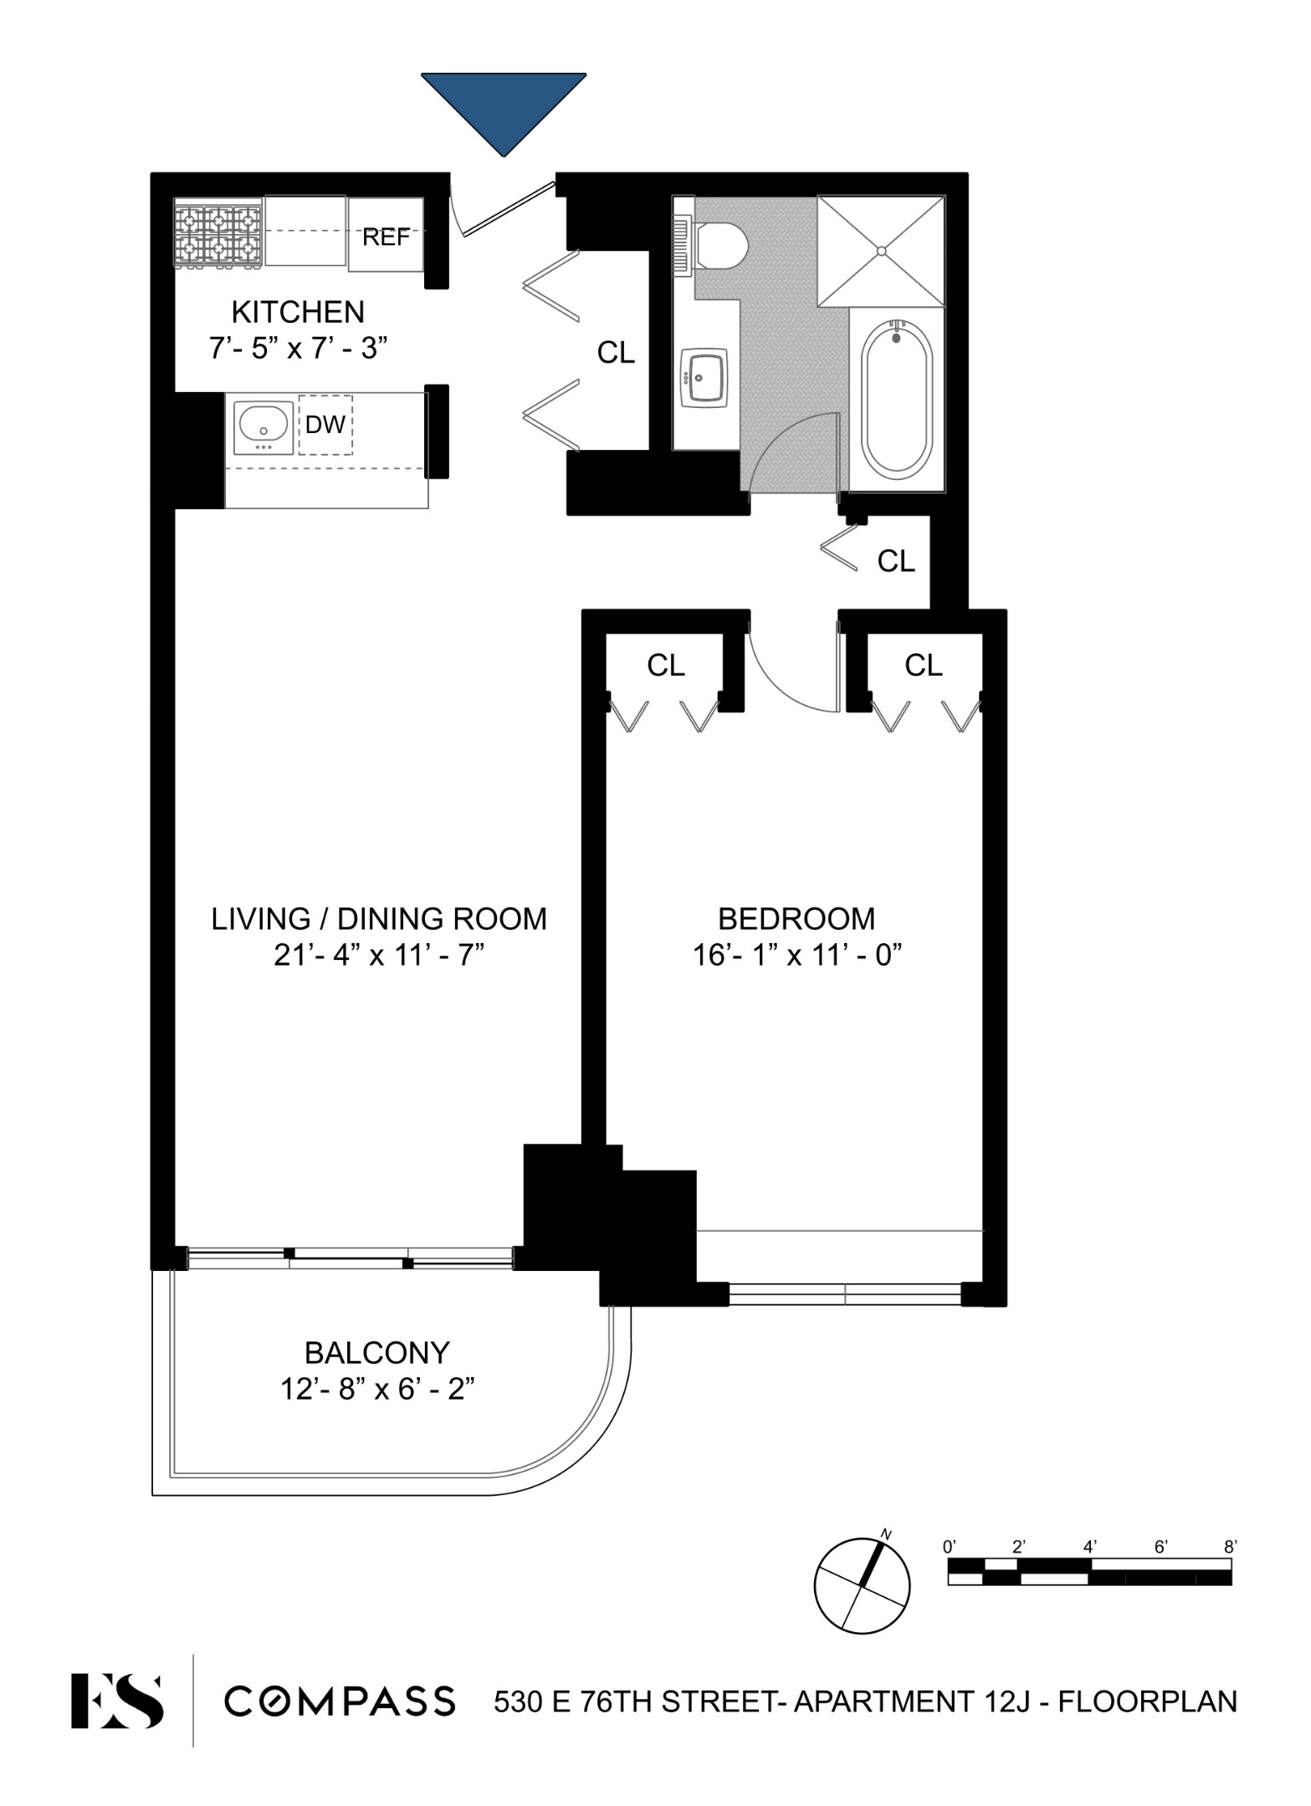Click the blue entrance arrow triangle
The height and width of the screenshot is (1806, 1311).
(x=503, y=105)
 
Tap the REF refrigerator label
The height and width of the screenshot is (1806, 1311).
(x=386, y=237)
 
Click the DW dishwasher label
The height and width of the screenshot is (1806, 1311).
(x=325, y=425)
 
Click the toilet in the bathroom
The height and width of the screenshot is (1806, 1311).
(x=720, y=244)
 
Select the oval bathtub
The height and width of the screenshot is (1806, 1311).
(x=897, y=402)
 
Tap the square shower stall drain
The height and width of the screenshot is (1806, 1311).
(x=880, y=250)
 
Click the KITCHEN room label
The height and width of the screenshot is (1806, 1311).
(x=298, y=312)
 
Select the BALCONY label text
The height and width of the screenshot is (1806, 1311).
(x=376, y=1353)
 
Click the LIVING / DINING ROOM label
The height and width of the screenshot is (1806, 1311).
(x=378, y=919)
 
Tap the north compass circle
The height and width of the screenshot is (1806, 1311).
(x=862, y=1585)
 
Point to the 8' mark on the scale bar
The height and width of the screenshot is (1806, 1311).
(x=1229, y=1548)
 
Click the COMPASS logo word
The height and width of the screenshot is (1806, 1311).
(x=340, y=1701)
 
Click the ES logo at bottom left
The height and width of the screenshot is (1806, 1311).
(x=116, y=1700)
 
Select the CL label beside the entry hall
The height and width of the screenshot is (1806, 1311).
(x=616, y=353)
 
